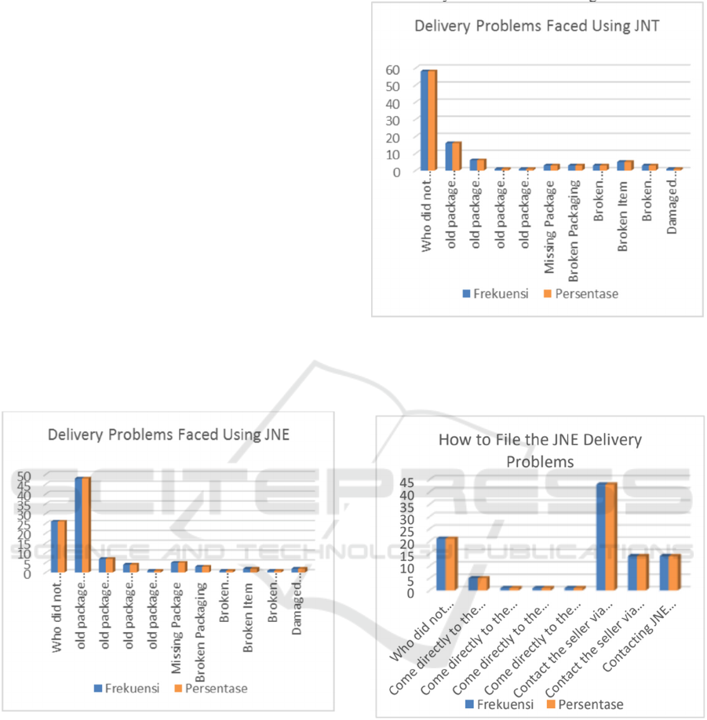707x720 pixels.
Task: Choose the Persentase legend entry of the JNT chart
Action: pyautogui.click(x=582, y=294)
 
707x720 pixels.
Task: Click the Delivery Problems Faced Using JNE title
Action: pyautogui.click(x=169, y=433)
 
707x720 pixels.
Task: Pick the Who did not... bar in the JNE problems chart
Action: pyautogui.click(x=59, y=546)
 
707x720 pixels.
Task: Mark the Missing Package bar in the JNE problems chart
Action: pyautogui.click(x=178, y=566)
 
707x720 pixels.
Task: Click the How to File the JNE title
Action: pyautogui.click(x=540, y=449)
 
